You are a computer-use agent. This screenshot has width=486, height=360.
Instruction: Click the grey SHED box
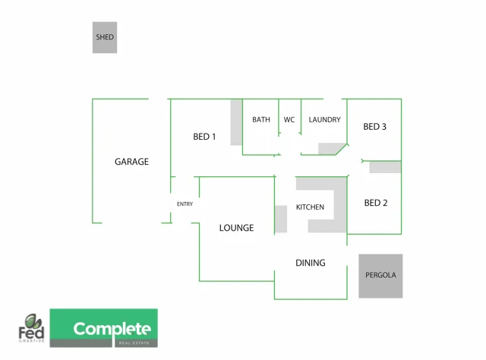[105, 37]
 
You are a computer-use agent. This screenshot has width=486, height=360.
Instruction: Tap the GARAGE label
[131, 162]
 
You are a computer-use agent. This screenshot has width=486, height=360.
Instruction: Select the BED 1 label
[204, 137]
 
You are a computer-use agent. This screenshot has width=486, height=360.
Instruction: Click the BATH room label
[261, 120]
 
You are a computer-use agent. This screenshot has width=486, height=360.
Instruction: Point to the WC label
[289, 120]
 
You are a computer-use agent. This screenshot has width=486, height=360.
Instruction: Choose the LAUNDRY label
[324, 120]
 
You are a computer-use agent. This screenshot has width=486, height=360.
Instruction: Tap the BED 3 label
[374, 127]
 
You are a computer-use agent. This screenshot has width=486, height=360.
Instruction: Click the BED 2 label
[376, 203]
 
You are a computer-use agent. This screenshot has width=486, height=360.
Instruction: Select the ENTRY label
[185, 204]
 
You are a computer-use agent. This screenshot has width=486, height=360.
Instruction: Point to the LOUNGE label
[236, 228]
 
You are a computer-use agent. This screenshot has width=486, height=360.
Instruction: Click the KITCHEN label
[310, 207]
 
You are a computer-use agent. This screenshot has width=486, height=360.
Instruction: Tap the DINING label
[311, 263]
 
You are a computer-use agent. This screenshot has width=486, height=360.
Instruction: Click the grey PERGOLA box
[380, 276]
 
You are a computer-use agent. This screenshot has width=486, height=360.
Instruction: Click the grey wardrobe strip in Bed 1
[236, 122]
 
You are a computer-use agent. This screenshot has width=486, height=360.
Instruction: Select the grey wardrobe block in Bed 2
[385, 167]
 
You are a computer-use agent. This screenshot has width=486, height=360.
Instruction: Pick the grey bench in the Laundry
[330, 149]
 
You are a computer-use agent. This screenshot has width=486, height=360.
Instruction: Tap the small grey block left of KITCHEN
[281, 219]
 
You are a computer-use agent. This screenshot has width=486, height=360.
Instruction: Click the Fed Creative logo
[31, 328]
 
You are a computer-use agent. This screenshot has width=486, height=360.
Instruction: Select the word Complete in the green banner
[112, 329]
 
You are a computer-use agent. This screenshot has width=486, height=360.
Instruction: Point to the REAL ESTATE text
[134, 343]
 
